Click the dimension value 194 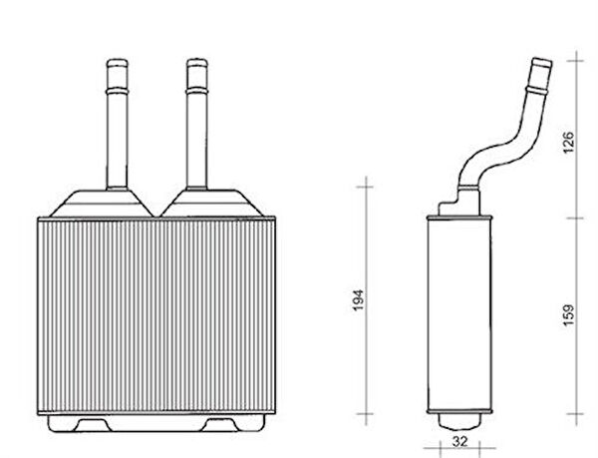pyautogui.click(x=358, y=300)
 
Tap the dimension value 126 pyautogui.click(x=568, y=142)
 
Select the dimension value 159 pyautogui.click(x=568, y=315)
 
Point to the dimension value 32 pyautogui.click(x=459, y=442)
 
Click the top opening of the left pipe pyautogui.click(x=117, y=62)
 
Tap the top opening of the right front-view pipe pyautogui.click(x=197, y=62)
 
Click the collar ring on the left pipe pyautogui.click(x=117, y=91)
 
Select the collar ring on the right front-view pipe pyautogui.click(x=197, y=91)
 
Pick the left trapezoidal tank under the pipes pyautogui.click(x=102, y=204)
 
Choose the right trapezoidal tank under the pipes pyautogui.click(x=212, y=204)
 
